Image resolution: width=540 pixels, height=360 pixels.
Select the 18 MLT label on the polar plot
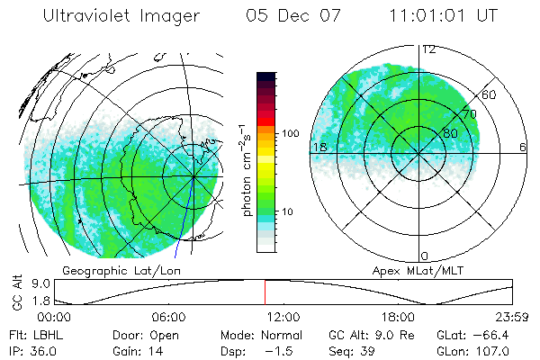(319, 147)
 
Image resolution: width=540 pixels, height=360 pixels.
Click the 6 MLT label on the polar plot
(523, 147)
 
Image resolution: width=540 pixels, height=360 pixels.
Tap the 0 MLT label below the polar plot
(425, 256)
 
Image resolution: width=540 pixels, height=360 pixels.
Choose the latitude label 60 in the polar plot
(490, 94)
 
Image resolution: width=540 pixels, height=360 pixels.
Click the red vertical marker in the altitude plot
(265, 292)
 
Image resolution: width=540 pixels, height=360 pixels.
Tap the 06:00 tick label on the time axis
(167, 317)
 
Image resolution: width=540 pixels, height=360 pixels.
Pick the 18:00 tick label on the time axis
(398, 317)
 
